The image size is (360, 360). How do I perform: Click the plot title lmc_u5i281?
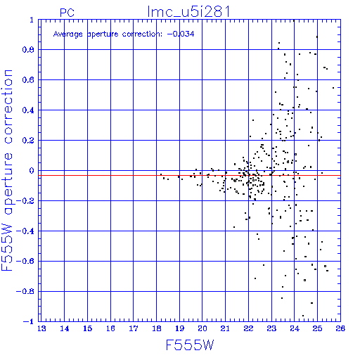(x=188, y=12)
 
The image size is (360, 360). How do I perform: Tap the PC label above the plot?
(x=67, y=13)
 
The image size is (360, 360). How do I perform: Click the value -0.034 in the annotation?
(x=181, y=34)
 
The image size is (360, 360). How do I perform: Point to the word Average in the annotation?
(x=68, y=34)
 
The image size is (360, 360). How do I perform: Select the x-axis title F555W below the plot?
(x=190, y=345)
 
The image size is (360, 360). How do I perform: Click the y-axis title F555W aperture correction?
(x=7, y=170)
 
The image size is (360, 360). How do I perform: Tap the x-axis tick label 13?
(x=41, y=328)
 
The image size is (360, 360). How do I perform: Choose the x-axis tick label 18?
(x=157, y=328)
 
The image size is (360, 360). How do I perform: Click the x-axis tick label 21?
(x=225, y=328)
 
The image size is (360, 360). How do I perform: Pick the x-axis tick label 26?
(x=340, y=328)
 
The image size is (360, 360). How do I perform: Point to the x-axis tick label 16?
(x=110, y=328)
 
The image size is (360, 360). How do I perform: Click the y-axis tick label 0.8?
(x=28, y=50)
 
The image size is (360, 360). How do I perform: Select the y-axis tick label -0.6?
(x=25, y=261)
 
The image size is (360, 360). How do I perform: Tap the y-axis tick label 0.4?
(x=28, y=110)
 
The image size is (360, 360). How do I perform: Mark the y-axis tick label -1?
(x=29, y=321)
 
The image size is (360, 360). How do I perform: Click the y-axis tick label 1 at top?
(x=32, y=20)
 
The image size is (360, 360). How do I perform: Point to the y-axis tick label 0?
(x=32, y=171)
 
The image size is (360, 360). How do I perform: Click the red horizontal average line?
(x=189, y=175)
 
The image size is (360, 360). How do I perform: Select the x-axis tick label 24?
(x=295, y=328)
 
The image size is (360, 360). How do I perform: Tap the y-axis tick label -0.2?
(x=25, y=201)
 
